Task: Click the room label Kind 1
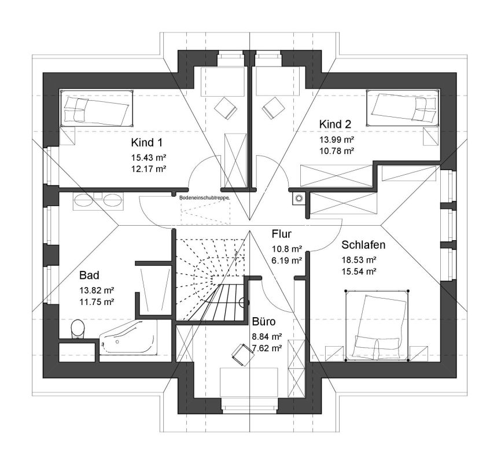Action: (147, 142)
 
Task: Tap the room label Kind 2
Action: (335, 124)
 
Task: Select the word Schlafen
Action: (363, 245)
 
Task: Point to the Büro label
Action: (264, 321)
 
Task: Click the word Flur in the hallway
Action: (282, 234)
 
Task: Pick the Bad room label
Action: (89, 275)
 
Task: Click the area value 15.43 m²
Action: (149, 157)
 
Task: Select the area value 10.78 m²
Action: (337, 150)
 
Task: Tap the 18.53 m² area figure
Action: (359, 260)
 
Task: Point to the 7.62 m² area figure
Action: (267, 348)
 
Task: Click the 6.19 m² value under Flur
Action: (287, 260)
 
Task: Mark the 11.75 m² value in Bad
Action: (97, 302)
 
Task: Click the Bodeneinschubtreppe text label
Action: (204, 198)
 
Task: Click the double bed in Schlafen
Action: (377, 325)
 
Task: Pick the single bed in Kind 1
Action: (96, 108)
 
